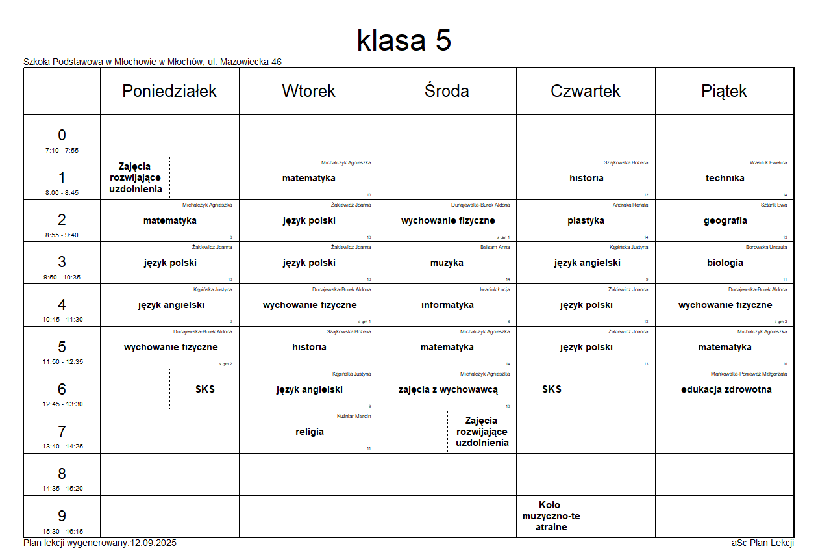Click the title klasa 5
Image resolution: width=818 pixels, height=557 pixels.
point(404,41)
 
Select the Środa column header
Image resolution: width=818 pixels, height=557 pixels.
point(447,91)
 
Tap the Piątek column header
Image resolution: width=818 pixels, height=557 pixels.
point(724,91)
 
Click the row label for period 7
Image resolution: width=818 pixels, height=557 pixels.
point(62,432)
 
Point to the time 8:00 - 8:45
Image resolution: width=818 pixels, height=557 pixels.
point(62,192)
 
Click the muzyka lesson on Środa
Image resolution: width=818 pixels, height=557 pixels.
point(447,263)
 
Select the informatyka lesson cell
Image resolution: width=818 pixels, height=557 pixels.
point(447,305)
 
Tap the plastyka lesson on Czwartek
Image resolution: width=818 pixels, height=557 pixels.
point(586,220)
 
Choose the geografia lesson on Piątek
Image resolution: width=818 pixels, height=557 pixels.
point(725,220)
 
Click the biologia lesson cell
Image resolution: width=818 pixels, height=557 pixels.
point(725,263)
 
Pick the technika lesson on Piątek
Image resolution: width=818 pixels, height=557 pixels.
point(725,178)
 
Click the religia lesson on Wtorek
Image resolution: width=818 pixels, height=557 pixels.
point(309,432)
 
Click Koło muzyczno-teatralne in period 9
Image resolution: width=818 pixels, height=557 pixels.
point(551,516)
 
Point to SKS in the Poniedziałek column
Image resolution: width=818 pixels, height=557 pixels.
point(204,389)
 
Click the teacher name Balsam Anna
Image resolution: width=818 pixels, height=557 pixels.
point(495,247)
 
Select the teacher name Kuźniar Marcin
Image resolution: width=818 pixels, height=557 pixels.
point(354,416)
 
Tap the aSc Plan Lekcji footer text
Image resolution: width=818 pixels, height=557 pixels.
point(762,543)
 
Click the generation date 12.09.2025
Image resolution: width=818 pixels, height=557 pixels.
point(153,543)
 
